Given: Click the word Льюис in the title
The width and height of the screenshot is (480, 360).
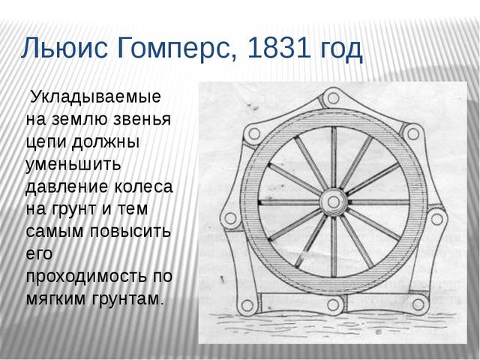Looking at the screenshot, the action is tap(64, 48).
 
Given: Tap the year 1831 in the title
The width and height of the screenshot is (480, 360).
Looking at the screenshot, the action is tap(277, 48).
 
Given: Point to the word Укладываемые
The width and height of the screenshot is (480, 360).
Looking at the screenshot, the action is tap(96, 97).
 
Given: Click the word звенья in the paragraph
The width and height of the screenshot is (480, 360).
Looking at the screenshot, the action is tap(142, 119).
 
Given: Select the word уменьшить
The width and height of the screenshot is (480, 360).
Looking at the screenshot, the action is tap(73, 164).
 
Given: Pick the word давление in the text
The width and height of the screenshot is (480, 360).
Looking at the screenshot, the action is tap(67, 187).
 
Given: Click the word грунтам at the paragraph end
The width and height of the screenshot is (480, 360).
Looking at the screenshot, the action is tap(126, 299).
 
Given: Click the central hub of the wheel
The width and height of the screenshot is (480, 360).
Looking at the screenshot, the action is tap(333, 202).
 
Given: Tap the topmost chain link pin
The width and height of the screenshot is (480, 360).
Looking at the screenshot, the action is tap(333, 98).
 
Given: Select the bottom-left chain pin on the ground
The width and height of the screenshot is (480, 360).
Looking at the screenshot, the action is tap(247, 305).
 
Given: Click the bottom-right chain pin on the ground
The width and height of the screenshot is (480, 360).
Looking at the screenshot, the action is tap(418, 304).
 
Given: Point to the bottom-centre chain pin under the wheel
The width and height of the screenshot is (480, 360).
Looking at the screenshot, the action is tap(333, 304).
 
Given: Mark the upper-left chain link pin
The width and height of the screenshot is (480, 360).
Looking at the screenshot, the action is tap(254, 133).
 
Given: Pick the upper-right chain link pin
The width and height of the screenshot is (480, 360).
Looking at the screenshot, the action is tap(413, 133).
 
